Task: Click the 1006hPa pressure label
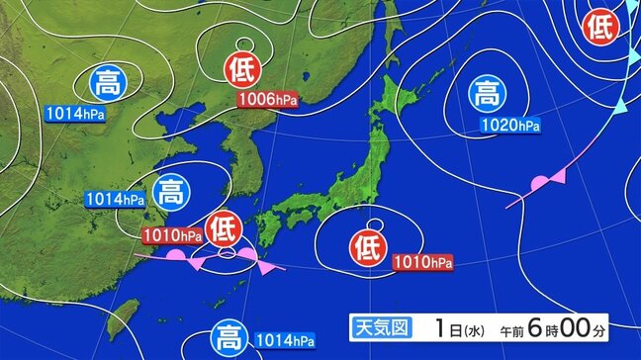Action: tap(268, 99)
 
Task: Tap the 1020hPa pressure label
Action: tap(509, 126)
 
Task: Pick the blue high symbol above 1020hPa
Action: tap(485, 95)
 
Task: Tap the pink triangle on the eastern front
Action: tap(559, 176)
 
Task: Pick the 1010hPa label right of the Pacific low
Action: tap(423, 262)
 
